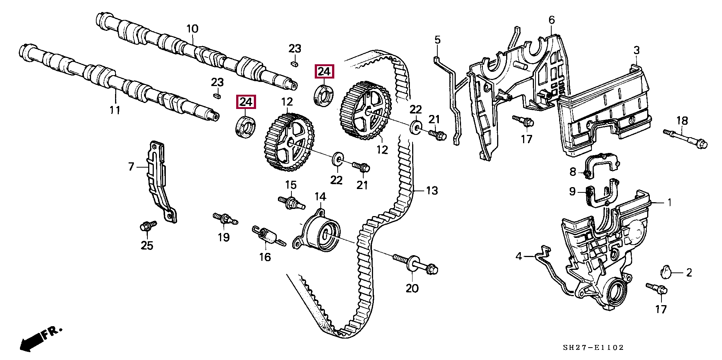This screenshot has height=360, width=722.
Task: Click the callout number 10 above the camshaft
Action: pos(192,29)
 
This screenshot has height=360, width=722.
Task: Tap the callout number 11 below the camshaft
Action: pos(115,110)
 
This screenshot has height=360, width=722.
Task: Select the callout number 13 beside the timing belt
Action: pos(432,191)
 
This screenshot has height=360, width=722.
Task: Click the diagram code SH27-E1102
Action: pos(593,348)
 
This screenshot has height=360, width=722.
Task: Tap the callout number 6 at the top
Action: pos(552,20)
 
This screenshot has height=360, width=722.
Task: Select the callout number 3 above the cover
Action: pos(636,50)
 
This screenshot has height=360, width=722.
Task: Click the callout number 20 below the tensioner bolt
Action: pos(412,288)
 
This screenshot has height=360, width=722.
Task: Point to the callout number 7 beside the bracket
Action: pos(131,166)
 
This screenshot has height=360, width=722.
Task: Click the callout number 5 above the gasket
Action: pos(437,39)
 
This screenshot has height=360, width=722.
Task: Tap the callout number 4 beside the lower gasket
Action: pos(519,256)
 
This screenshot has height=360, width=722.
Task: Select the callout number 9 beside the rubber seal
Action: pos(572,192)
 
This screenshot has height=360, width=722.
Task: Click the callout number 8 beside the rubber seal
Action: pos(573,172)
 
